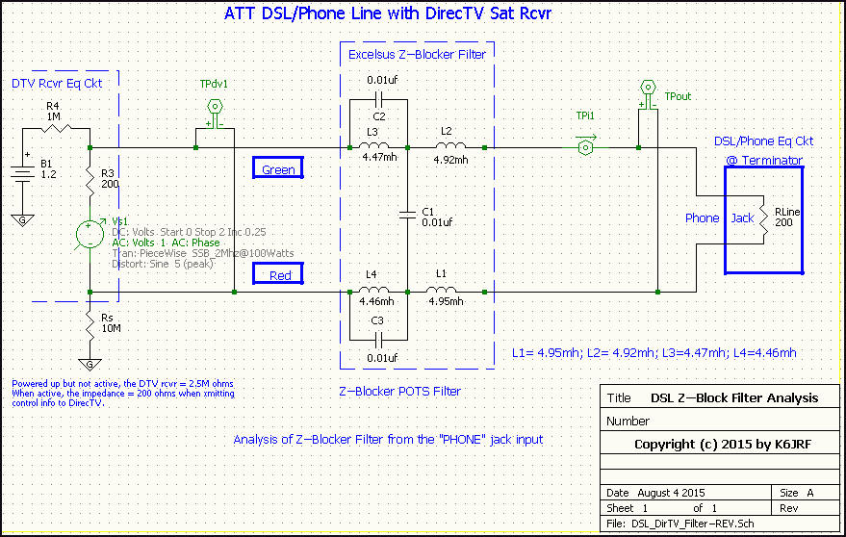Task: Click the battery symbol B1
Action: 24,175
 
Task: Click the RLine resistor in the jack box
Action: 763,219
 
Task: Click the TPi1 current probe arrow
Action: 585,147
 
